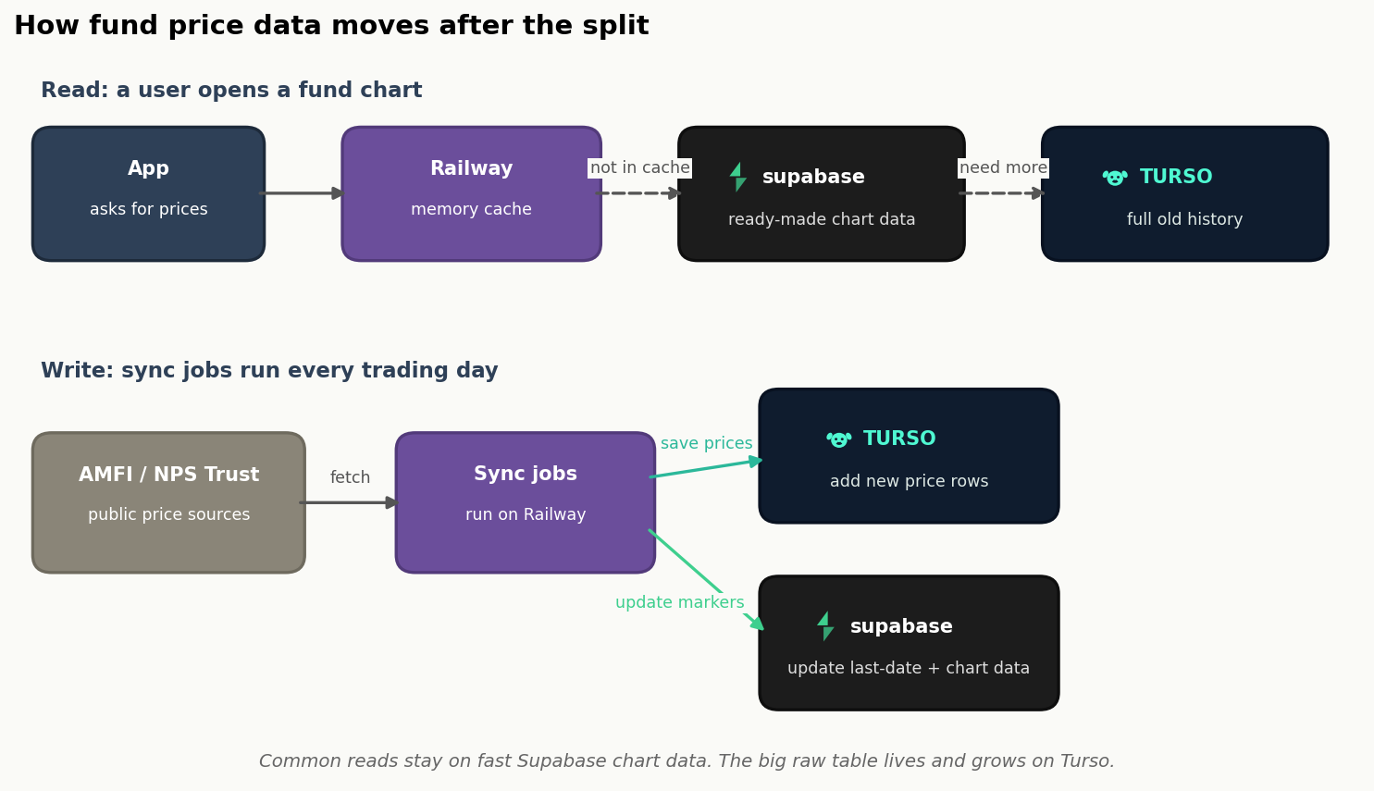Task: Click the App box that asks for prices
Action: (x=148, y=193)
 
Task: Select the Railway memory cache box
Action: (x=471, y=193)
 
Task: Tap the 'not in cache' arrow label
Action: (x=639, y=167)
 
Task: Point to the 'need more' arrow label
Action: (x=1003, y=167)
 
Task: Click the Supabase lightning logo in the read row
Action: (x=738, y=178)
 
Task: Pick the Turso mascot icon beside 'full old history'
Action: (x=1115, y=178)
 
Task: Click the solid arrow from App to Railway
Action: (x=302, y=193)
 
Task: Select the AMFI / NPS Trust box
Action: (x=168, y=502)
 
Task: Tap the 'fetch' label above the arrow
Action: (x=350, y=477)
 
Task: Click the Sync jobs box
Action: (x=525, y=502)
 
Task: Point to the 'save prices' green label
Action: (x=706, y=443)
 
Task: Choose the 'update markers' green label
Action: (x=680, y=602)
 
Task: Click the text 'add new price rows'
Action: (x=909, y=481)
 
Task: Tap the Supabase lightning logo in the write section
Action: (x=825, y=626)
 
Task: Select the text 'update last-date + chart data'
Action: (x=909, y=668)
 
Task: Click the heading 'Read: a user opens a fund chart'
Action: (x=231, y=90)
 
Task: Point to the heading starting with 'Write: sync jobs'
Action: (x=269, y=370)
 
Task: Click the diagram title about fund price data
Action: (x=331, y=26)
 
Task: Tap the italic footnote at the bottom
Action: (x=687, y=761)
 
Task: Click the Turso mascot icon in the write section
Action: (x=838, y=439)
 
